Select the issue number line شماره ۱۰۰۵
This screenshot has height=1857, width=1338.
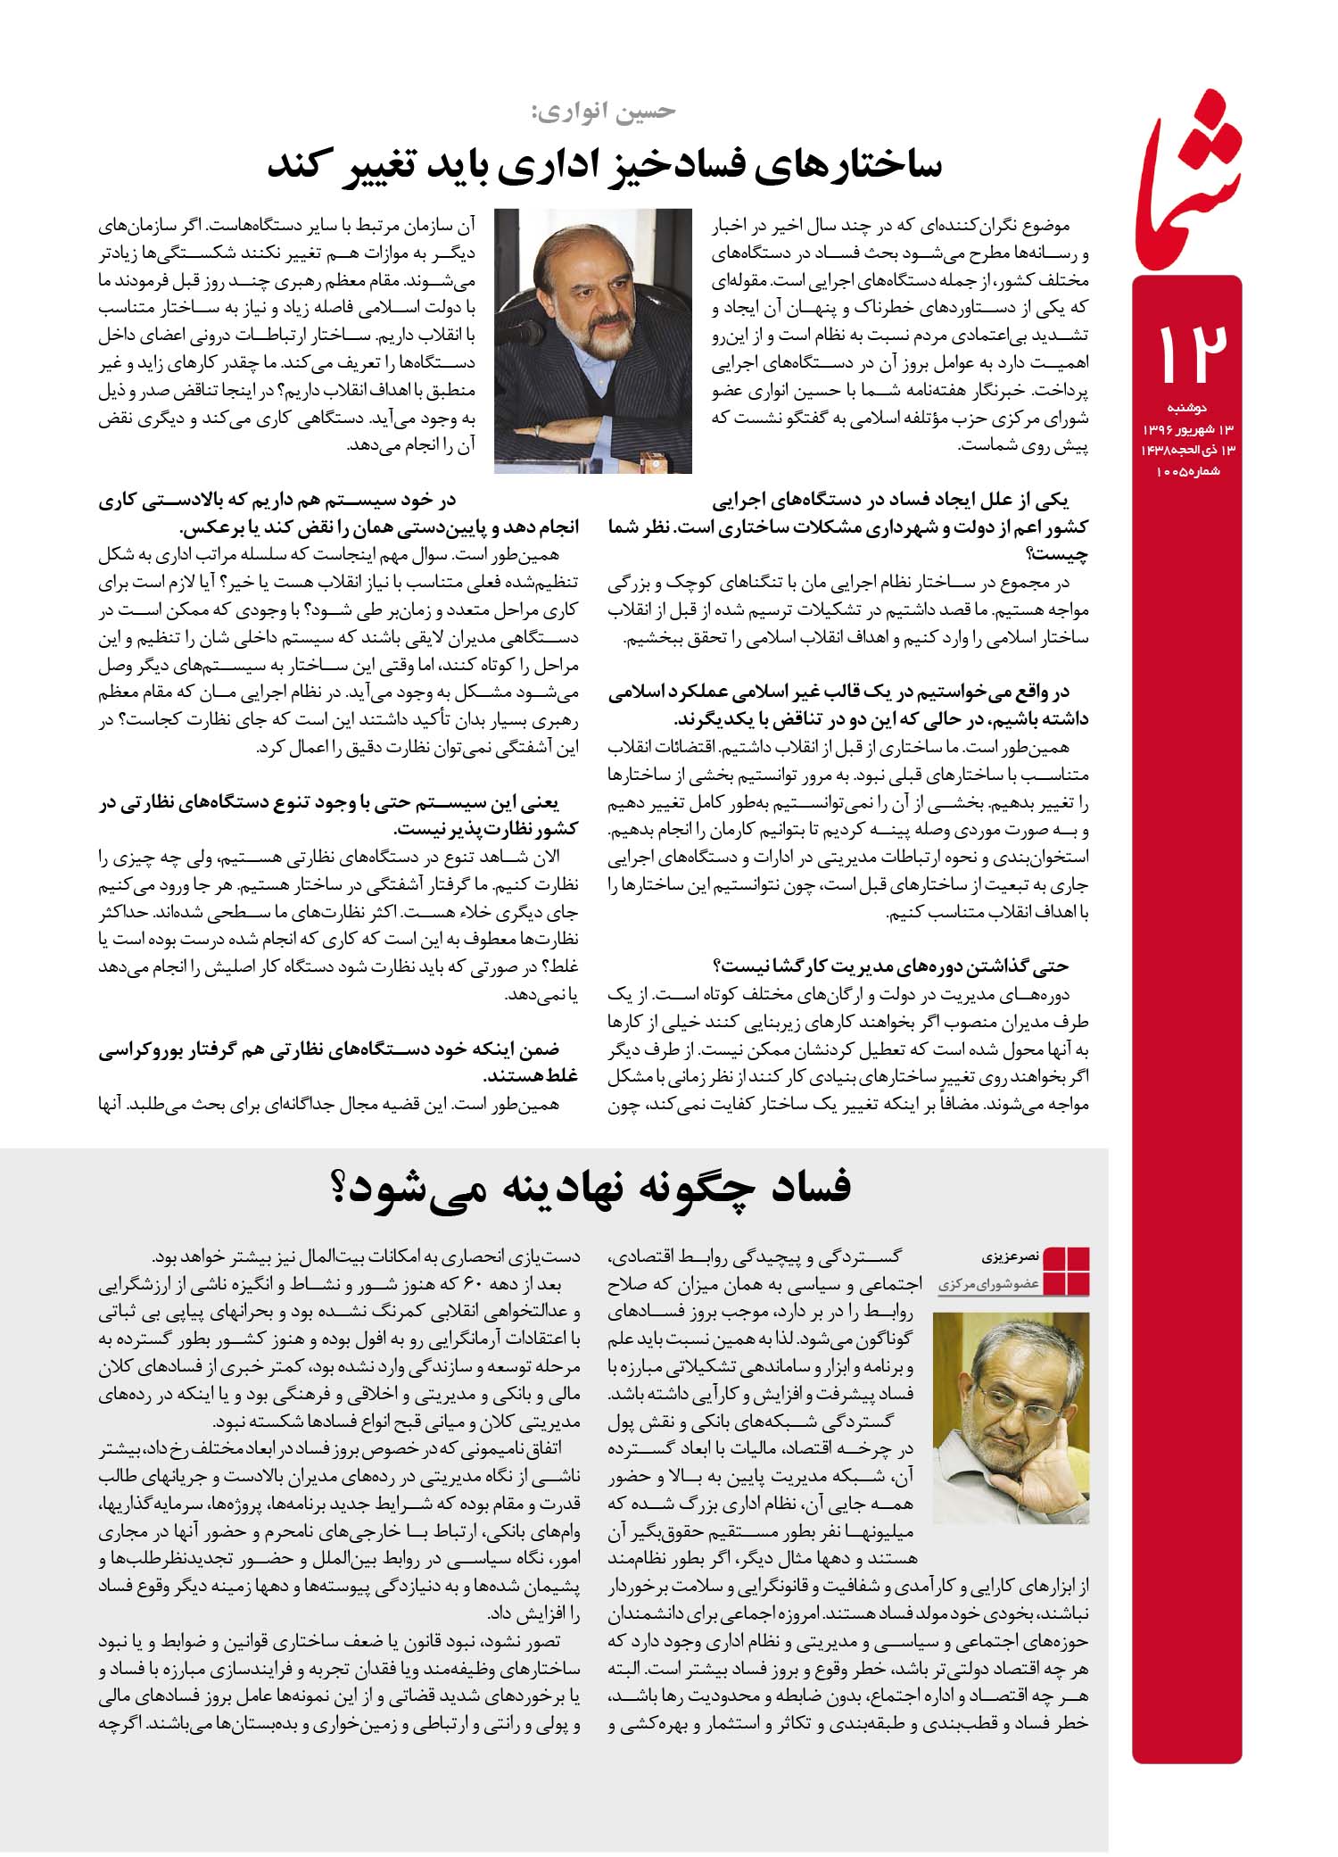point(1186,471)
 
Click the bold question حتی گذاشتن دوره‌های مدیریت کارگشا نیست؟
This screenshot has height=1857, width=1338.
point(892,966)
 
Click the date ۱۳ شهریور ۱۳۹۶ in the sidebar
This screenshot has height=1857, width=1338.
point(1186,430)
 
